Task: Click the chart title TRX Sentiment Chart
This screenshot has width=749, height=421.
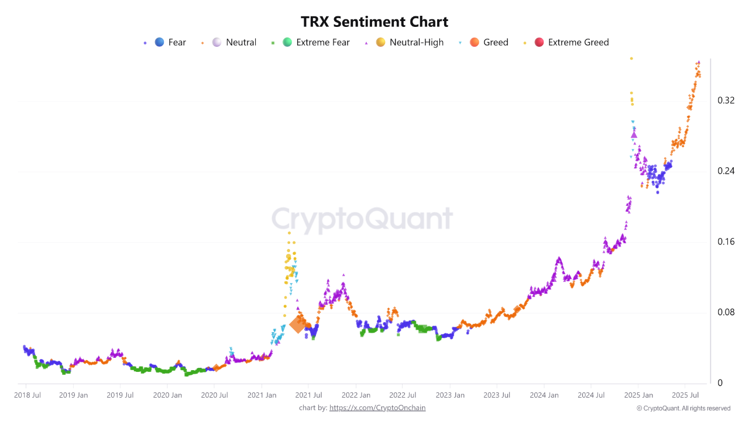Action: (374, 22)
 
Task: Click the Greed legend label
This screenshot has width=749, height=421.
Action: (496, 42)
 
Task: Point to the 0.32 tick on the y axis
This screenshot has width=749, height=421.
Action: (726, 101)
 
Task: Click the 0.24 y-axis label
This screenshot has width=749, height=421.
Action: (726, 171)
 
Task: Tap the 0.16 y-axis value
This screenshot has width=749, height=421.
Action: (726, 241)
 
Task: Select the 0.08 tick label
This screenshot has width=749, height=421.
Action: (726, 312)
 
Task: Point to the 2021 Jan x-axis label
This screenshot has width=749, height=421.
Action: (262, 395)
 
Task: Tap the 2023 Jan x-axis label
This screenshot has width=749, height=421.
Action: (450, 395)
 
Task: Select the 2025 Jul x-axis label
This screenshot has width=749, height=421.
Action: (686, 395)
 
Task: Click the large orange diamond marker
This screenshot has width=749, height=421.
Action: (297, 325)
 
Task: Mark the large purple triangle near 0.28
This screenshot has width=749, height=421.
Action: (634, 134)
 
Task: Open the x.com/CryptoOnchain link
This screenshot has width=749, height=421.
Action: (377, 408)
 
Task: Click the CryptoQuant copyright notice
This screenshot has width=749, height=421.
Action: (683, 408)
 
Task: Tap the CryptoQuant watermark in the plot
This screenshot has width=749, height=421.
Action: (362, 219)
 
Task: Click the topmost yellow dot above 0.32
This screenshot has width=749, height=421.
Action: (631, 58)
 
